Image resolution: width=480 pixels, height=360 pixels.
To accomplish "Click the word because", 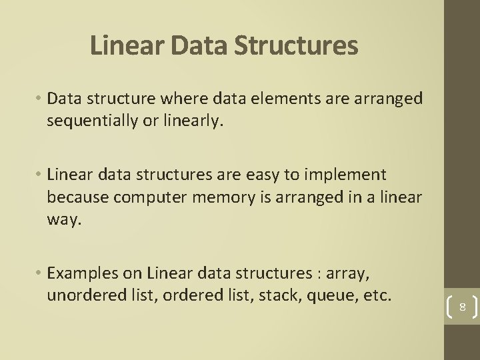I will coord(79,198).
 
